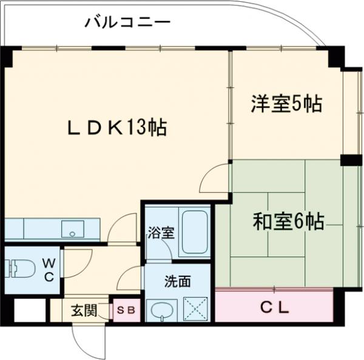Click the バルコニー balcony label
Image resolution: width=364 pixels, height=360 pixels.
pyautogui.click(x=127, y=23)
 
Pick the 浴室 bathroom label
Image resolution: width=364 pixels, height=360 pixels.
pyautogui.click(x=161, y=233)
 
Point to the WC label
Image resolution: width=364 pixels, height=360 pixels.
pyautogui.click(x=49, y=270)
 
